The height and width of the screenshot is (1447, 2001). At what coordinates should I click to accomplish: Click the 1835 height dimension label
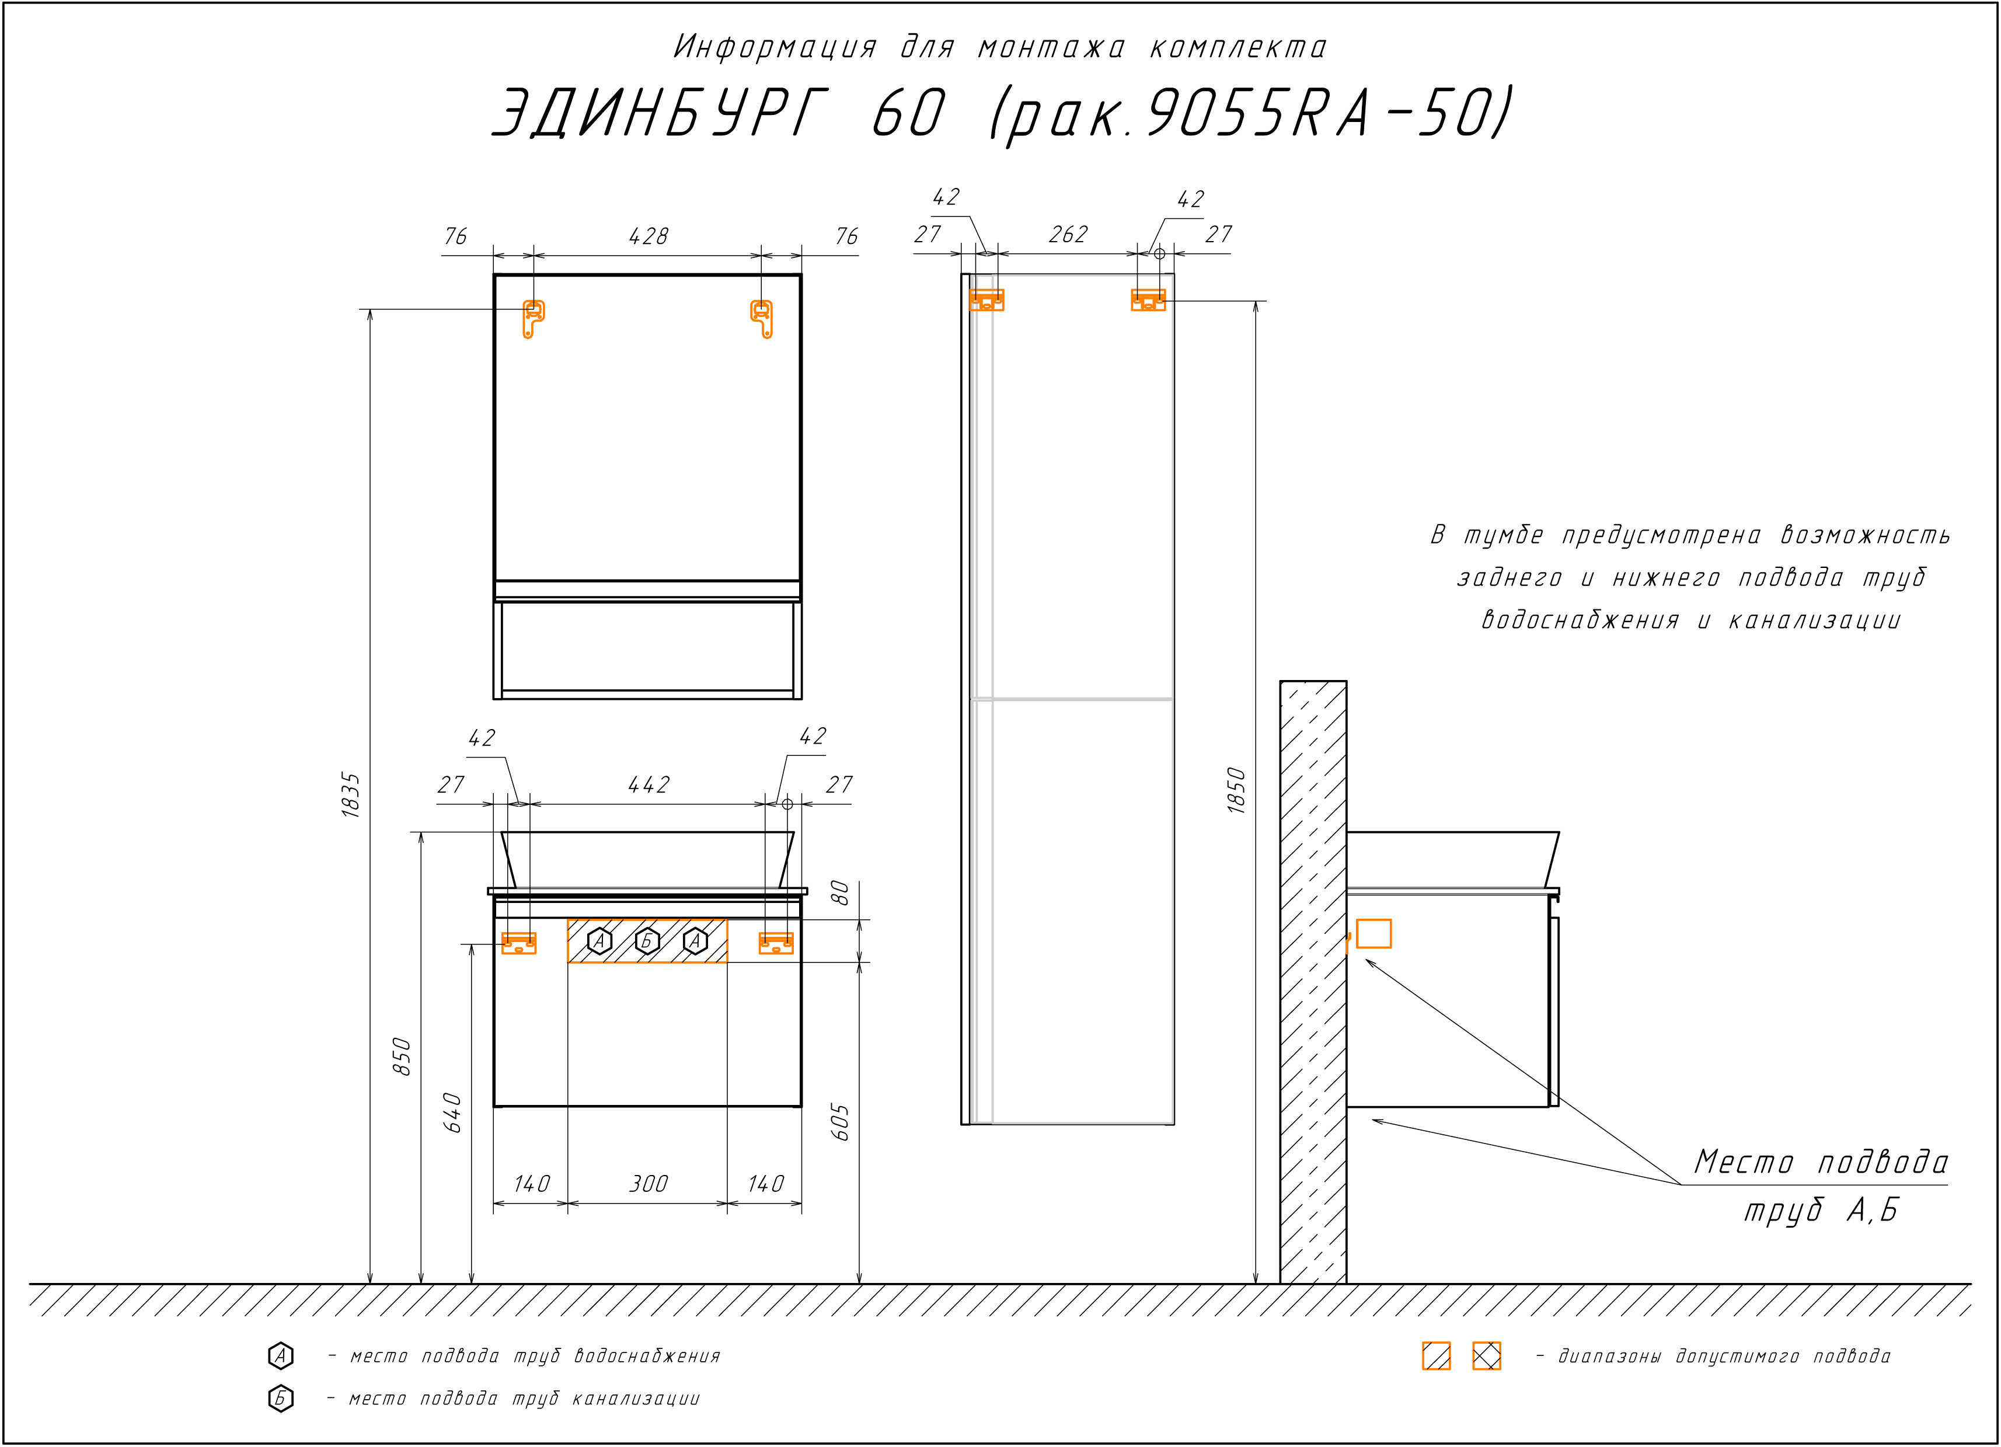coord(351,795)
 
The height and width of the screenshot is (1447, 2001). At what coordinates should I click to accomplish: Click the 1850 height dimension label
coord(1236,790)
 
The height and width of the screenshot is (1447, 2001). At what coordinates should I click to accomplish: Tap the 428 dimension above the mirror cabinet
coord(649,236)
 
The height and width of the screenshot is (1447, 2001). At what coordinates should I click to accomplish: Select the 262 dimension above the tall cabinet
coord(1068,235)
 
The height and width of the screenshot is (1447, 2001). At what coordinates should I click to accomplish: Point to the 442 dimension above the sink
coord(649,784)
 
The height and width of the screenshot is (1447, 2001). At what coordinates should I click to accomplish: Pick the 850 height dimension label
coord(402,1056)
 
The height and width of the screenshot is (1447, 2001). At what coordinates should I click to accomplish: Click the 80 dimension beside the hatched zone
coord(841,893)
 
